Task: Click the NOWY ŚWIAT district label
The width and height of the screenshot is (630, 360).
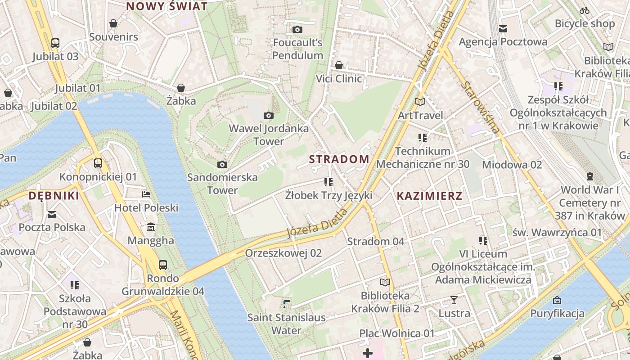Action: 166,6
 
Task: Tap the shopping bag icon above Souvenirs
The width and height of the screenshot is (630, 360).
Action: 113,23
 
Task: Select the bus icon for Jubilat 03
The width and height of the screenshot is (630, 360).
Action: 55,43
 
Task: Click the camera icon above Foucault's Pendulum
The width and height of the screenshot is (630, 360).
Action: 297,30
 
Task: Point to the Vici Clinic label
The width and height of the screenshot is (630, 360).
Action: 338,79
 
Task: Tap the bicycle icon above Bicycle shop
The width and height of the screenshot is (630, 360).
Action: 585,10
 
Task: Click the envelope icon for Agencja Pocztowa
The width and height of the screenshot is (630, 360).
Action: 503,29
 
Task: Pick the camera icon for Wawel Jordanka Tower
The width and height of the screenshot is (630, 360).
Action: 269,116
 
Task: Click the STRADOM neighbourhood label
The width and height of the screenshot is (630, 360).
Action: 339,159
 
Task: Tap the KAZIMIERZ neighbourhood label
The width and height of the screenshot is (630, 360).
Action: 429,196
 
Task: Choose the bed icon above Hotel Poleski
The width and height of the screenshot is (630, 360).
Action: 146,194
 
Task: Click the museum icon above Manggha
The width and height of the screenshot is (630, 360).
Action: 151,227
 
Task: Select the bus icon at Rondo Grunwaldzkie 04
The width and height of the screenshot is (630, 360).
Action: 163,265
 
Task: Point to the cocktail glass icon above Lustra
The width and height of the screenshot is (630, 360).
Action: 454,300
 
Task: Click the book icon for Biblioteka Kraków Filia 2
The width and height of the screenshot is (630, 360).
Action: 385,283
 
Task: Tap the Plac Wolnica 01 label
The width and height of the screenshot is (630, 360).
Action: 397,333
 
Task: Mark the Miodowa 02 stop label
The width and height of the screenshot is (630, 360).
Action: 512,165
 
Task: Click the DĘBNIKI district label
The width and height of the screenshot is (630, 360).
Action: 54,196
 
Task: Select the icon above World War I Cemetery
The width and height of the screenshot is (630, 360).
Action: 589,176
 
